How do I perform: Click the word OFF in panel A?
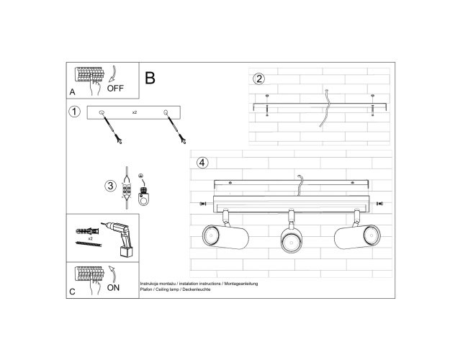[x=115, y=88]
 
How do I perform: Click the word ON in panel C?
[x=113, y=288]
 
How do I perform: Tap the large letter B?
[x=150, y=78]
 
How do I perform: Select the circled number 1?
[x=75, y=112]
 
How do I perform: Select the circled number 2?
[x=259, y=78]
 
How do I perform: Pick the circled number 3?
[x=110, y=186]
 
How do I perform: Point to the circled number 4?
[x=202, y=163]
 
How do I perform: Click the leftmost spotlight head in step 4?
[x=225, y=237]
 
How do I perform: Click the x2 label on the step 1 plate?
[x=135, y=112]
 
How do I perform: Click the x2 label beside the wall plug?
[x=91, y=238]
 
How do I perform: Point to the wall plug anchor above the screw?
[x=88, y=231]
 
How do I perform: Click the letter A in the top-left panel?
[x=72, y=92]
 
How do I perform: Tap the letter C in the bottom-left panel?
[x=72, y=292]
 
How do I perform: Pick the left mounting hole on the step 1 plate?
[x=102, y=112]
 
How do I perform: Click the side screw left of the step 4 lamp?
[x=202, y=204]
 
